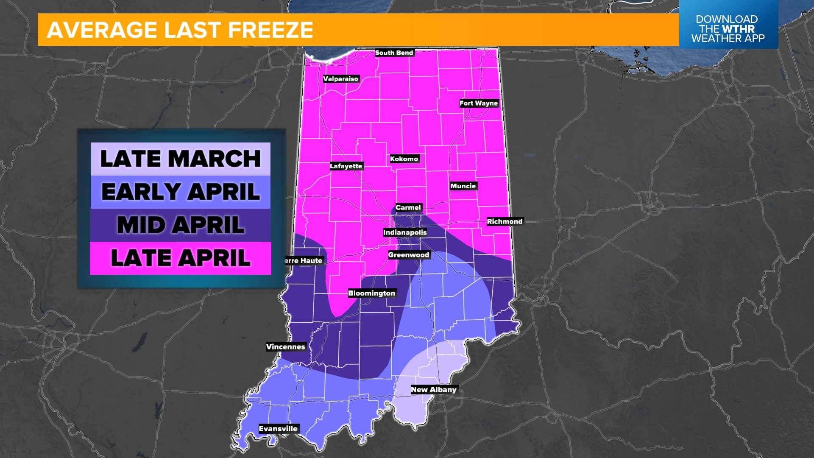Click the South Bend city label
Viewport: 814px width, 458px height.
coord(394,53)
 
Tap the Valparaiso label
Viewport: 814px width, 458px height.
coord(340,79)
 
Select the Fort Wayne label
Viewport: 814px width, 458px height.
coord(479,103)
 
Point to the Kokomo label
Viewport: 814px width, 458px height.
coord(404,159)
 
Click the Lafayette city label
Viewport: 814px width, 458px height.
coord(346,166)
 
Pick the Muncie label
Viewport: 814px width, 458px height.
coord(463,186)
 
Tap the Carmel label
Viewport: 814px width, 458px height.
coord(408,207)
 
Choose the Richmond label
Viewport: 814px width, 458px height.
coord(505,221)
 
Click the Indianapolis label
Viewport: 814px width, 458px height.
coord(405,232)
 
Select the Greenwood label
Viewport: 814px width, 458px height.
coord(409,255)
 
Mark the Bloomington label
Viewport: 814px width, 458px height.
coord(371,293)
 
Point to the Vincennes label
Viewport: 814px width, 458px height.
coord(285,347)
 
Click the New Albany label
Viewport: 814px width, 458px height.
coord(433,390)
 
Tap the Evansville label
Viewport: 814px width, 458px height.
coord(278,429)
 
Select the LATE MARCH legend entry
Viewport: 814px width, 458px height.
coord(181,159)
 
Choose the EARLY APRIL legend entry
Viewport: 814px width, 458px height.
coord(181,192)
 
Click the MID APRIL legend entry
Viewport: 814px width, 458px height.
coord(181,225)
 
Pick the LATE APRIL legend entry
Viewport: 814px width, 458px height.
coord(181,258)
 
